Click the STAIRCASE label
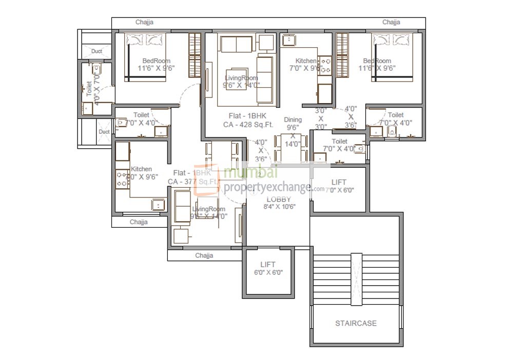point(356,323)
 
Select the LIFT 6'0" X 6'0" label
point(268,269)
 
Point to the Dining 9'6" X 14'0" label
point(293,131)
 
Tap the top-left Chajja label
point(144,23)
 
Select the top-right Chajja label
point(391,23)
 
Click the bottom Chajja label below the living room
point(204,255)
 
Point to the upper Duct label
point(96,51)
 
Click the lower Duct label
point(104,132)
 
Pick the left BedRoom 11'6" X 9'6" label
point(153,65)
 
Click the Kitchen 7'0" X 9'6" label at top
point(306,65)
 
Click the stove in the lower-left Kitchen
point(122,178)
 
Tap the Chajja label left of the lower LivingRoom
point(139,222)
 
